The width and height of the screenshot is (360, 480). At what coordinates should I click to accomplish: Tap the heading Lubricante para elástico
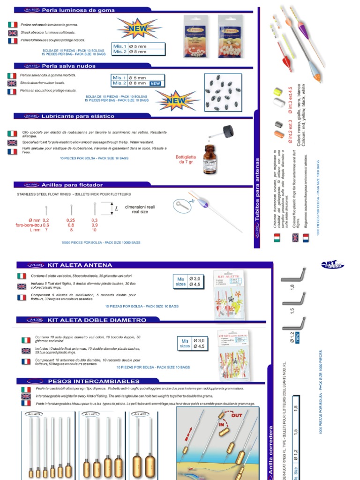coord(78,116)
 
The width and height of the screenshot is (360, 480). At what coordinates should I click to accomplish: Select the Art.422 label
coord(140,414)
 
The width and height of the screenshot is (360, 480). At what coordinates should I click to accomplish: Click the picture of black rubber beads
coord(223,93)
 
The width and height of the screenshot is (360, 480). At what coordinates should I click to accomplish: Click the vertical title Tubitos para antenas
coord(257,196)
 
